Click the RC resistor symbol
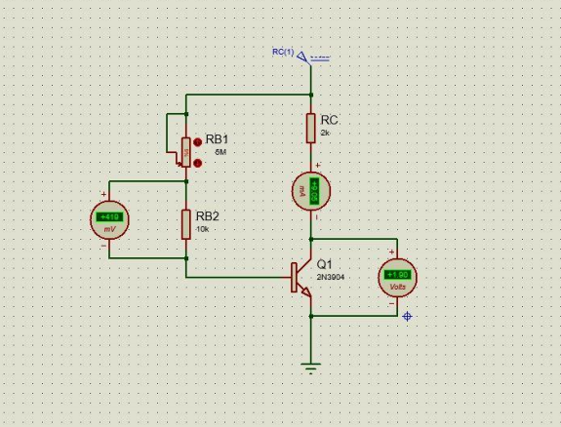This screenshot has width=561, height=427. (x=310, y=127)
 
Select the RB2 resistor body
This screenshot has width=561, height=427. (x=184, y=224)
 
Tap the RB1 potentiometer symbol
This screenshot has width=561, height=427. (x=184, y=149)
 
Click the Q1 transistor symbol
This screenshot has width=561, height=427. (x=300, y=278)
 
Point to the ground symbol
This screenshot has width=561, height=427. (x=311, y=368)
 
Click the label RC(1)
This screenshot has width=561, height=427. (x=283, y=51)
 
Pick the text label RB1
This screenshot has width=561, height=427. (x=218, y=139)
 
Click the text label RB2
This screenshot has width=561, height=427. (x=208, y=215)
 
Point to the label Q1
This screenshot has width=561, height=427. (x=324, y=264)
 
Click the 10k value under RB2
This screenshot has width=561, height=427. (x=202, y=229)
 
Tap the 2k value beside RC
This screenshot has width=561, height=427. (x=325, y=133)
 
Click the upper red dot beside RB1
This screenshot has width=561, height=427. (x=198, y=139)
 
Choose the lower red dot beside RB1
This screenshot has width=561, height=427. (x=198, y=162)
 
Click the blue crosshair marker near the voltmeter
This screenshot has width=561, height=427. (x=407, y=316)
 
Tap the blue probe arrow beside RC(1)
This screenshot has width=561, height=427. (x=302, y=57)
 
